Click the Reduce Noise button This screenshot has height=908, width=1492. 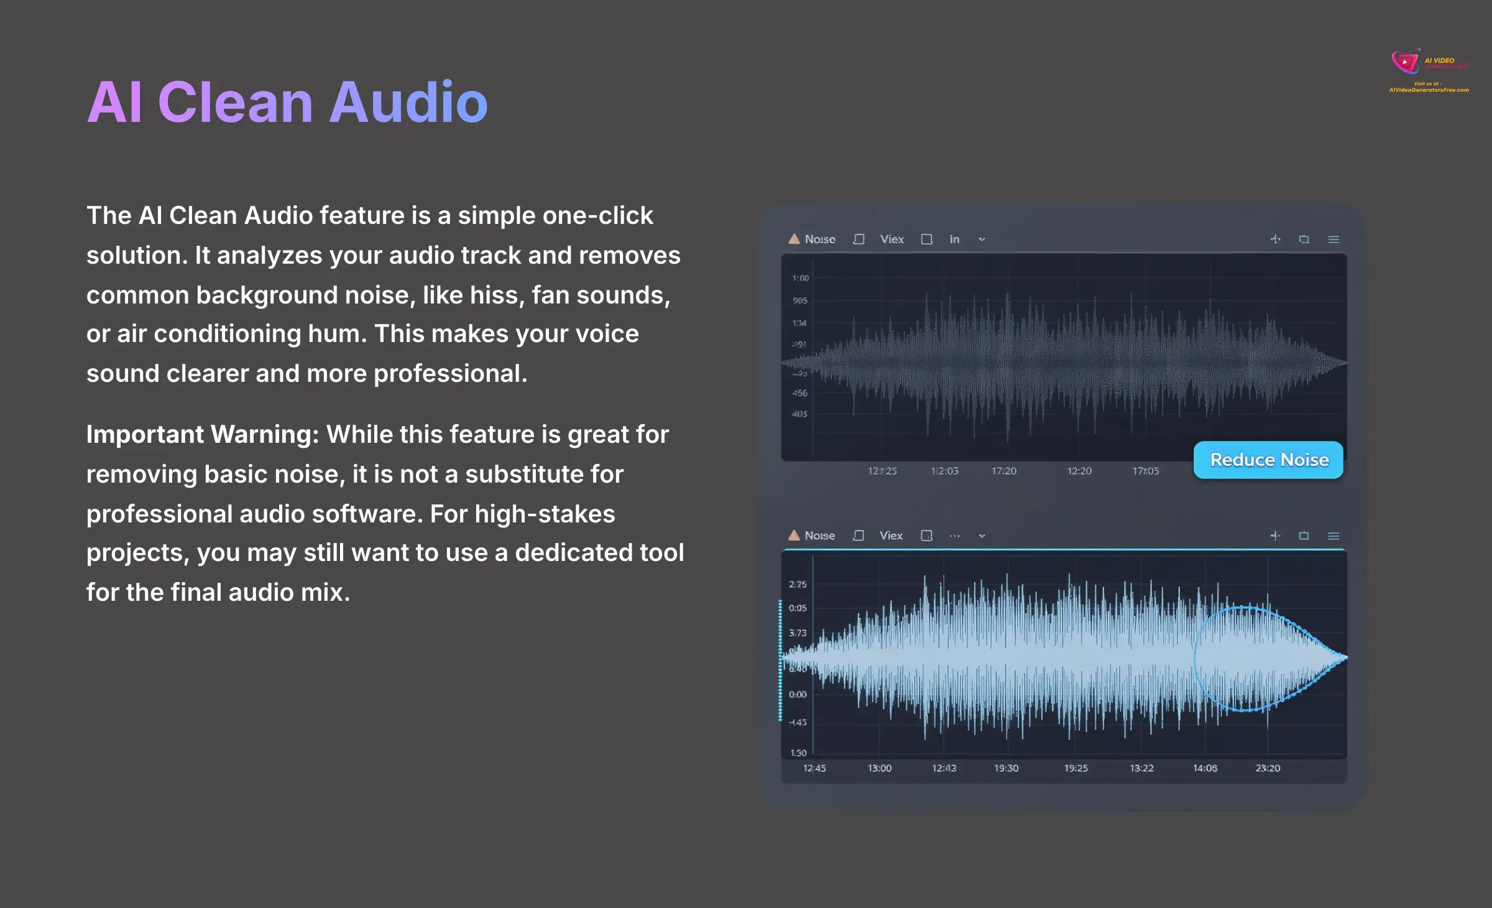1268,460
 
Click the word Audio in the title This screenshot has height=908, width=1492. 408,103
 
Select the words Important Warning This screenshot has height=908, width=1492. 202,435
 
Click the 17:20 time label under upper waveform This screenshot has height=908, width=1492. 1003,471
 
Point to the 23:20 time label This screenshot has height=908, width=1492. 1268,769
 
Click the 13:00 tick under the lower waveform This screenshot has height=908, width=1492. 879,769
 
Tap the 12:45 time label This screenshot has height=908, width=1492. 814,769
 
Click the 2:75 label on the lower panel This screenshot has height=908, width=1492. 798,585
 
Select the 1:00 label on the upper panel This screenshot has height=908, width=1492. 800,278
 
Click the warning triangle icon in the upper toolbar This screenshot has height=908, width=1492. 794,239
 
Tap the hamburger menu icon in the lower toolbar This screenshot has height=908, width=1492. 1333,536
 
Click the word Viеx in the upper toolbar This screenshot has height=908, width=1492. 892,239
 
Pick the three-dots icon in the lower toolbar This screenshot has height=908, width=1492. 955,536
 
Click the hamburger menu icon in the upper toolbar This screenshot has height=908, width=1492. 1333,239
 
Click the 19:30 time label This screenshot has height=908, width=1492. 1006,769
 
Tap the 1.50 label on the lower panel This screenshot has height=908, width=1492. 798,753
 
